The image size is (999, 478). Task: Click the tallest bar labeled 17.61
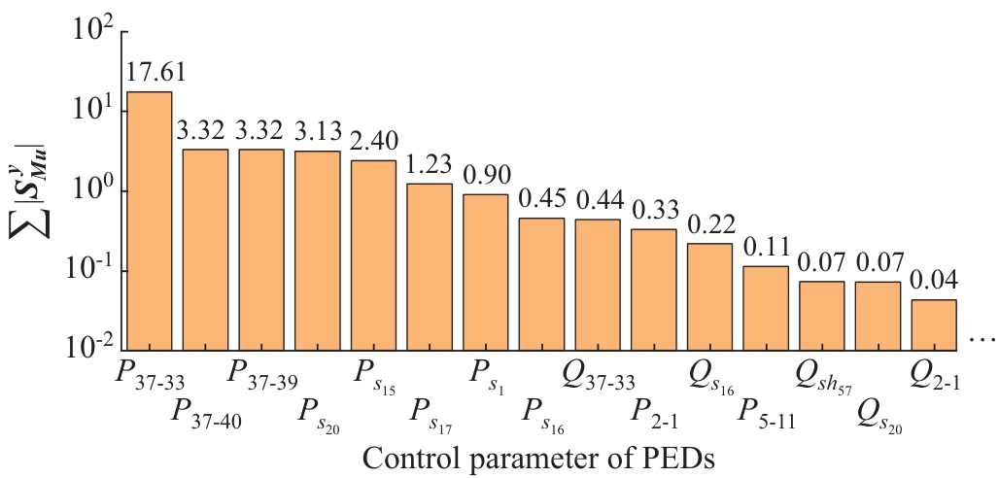pos(150,221)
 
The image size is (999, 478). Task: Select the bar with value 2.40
pos(373,255)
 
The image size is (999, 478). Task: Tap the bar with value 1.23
pos(429,266)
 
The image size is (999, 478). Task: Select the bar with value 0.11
pos(765,307)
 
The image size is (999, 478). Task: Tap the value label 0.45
pos(541,200)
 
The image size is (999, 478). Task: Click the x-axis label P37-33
pos(150,374)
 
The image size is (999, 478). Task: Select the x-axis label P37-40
pos(206,411)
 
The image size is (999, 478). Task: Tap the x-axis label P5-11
pos(766,411)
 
